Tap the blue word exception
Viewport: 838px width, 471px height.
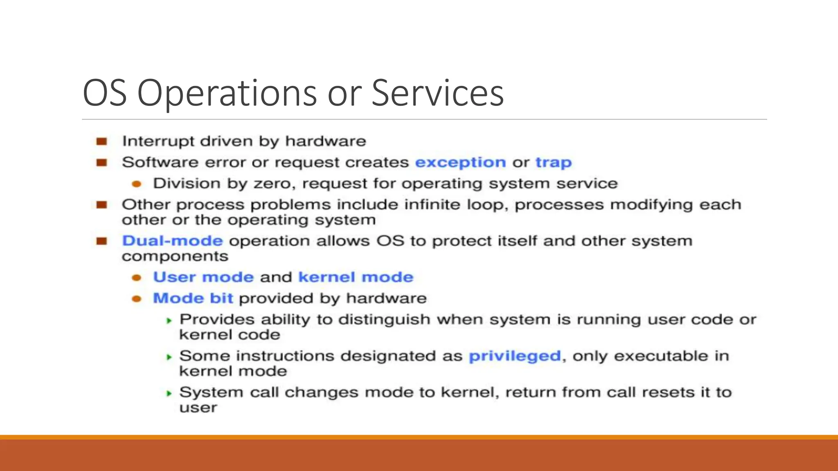(460, 162)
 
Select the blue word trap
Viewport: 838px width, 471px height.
(553, 162)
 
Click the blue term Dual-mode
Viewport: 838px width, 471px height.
(172, 241)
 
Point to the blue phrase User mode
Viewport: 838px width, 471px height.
(203, 277)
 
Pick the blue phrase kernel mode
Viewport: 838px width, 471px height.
(356, 277)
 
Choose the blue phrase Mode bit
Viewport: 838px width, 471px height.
(193, 298)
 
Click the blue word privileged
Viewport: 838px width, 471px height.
(514, 356)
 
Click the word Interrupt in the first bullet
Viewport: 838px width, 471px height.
(158, 141)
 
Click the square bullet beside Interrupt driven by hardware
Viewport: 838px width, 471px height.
(101, 141)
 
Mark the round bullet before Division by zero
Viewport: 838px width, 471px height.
(137, 184)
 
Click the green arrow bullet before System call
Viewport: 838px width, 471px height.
(169, 393)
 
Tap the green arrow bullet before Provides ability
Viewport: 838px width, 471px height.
(169, 321)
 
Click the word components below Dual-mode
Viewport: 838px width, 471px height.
(175, 256)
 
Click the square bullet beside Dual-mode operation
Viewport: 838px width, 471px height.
(101, 241)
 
